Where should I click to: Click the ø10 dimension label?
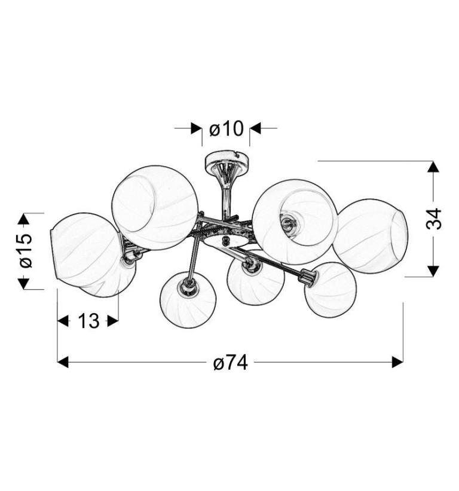pos(226,128)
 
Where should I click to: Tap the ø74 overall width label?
pos(231,363)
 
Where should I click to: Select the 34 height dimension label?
pos(434,218)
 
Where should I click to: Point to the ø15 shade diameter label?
pos(26,250)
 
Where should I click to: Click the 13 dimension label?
pos(88,321)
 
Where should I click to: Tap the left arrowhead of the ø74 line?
pos(63,363)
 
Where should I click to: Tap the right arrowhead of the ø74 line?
pos(397,363)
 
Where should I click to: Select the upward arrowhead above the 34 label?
pos(433,166)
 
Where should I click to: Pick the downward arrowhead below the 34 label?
pos(433,271)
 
